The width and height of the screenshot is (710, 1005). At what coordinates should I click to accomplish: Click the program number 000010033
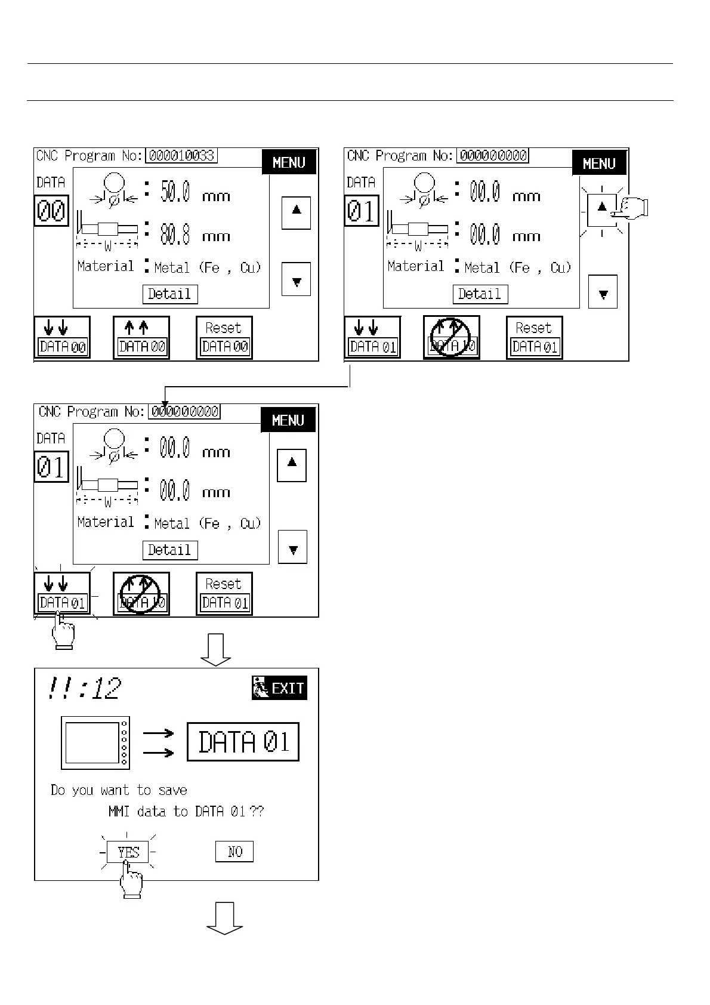point(182,156)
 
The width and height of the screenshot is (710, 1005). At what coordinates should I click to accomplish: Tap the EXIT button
point(279,688)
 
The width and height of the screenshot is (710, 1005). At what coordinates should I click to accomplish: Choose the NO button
point(234,852)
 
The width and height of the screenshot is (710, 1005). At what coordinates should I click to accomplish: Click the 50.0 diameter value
point(175,192)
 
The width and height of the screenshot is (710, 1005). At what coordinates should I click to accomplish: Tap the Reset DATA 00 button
point(224,338)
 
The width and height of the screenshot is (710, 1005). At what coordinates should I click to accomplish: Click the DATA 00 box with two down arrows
point(62,338)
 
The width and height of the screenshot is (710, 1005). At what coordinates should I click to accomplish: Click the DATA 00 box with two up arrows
point(141,338)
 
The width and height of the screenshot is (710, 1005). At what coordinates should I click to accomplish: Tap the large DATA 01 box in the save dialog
point(243,742)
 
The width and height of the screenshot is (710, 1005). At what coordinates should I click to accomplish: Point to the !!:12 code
point(84,688)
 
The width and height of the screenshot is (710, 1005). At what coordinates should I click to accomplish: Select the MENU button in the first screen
point(289,162)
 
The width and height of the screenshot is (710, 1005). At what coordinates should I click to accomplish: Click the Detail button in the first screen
point(170,294)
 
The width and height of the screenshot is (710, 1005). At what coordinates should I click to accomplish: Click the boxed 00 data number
point(51,211)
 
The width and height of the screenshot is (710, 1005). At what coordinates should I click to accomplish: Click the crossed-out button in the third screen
point(141,594)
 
